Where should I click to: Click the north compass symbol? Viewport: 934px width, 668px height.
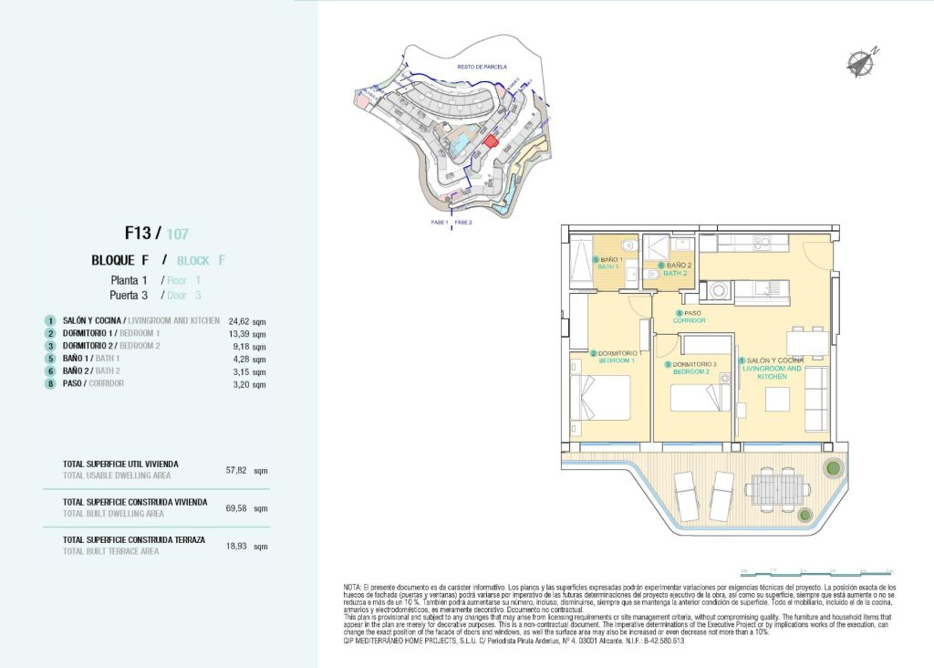click(x=860, y=62)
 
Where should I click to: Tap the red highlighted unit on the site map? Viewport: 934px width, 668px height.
click(x=490, y=141)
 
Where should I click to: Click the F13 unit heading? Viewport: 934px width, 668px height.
click(x=143, y=233)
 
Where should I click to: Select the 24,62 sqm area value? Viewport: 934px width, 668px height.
click(x=247, y=321)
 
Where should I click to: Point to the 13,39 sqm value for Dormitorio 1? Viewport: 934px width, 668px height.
click(x=247, y=334)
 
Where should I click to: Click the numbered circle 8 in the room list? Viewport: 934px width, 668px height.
click(x=50, y=384)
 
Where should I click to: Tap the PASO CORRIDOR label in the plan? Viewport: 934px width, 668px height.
click(x=690, y=316)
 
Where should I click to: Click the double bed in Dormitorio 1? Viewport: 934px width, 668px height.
click(x=602, y=399)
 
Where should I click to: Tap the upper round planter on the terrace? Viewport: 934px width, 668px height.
click(x=831, y=468)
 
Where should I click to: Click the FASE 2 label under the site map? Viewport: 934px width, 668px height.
click(x=463, y=223)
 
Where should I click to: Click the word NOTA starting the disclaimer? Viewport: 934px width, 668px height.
click(x=352, y=587)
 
